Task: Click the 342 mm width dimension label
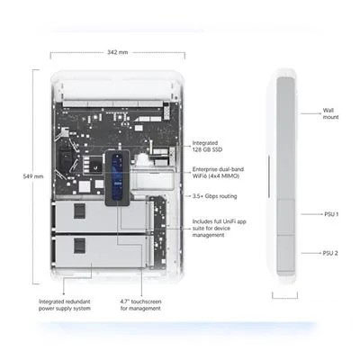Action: click(118, 52)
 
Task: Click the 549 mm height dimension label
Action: click(33, 176)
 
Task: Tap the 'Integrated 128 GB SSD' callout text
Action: click(207, 146)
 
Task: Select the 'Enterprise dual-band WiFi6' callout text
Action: click(218, 173)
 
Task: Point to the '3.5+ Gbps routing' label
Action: click(214, 196)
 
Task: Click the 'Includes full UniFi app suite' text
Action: click(220, 229)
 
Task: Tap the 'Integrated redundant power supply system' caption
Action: click(65, 305)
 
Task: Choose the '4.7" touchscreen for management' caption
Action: click(140, 305)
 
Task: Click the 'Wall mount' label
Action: click(330, 113)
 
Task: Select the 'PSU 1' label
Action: click(331, 214)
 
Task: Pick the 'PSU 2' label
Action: click(330, 253)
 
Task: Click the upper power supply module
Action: click(100, 216)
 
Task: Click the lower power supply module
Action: click(100, 251)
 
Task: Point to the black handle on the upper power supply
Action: click(79, 211)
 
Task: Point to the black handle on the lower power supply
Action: click(79, 246)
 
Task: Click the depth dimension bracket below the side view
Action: click(285, 295)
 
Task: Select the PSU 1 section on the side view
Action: click(285, 217)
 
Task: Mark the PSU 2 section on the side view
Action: click(285, 253)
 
